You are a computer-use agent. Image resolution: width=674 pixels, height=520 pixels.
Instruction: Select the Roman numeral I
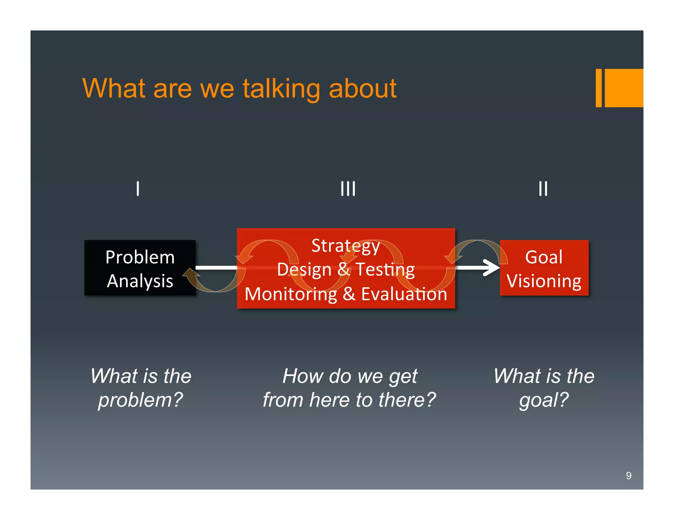(138, 189)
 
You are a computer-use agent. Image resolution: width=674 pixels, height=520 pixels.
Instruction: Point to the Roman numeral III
(348, 189)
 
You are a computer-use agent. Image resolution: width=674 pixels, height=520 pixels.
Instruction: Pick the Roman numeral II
(543, 189)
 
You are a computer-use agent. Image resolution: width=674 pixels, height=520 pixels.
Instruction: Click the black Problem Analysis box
(140, 268)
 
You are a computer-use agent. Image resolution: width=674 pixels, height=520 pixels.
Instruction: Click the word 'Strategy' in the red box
(346, 246)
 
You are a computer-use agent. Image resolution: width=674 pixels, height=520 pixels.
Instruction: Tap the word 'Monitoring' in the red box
(291, 294)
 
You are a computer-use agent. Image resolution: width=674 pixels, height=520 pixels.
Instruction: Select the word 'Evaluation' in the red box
(404, 294)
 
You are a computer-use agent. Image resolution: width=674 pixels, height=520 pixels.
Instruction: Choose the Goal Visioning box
(544, 268)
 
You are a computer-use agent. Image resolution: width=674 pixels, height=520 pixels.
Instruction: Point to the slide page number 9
(628, 476)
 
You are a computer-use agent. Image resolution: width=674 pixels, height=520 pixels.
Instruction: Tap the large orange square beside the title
(624, 88)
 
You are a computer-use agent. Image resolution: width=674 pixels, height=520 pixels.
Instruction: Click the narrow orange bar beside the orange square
(598, 88)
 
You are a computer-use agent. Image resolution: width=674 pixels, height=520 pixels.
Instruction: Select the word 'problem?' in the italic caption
(141, 400)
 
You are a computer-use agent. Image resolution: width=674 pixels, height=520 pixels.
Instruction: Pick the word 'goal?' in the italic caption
(544, 400)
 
